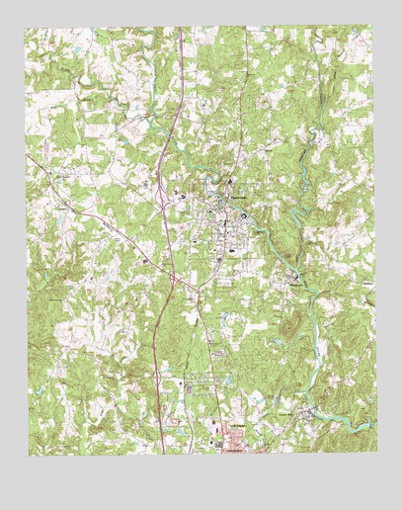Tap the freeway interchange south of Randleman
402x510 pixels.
[x=174, y=284]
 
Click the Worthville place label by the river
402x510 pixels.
[x=298, y=284]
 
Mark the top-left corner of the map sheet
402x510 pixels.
[x=27, y=28]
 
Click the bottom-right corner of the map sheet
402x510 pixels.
[x=376, y=456]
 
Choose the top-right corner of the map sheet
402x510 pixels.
[x=374, y=28]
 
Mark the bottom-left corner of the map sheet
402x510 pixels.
[x=28, y=456]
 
